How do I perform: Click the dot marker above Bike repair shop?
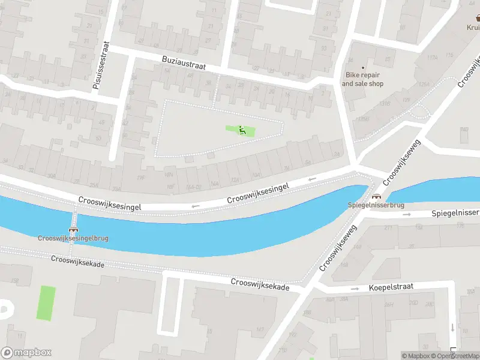[362, 67]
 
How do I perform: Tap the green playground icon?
[242, 130]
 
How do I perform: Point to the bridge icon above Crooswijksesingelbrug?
[74, 229]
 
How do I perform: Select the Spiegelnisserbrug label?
[376, 205]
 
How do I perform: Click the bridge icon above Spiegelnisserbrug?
[376, 196]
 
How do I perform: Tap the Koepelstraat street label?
[391, 287]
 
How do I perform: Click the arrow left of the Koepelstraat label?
[355, 288]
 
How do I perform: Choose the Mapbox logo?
[26, 353]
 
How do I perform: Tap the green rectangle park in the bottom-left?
[46, 303]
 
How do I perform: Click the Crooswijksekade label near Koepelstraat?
[260, 284]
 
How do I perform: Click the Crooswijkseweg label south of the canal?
[338, 247]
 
